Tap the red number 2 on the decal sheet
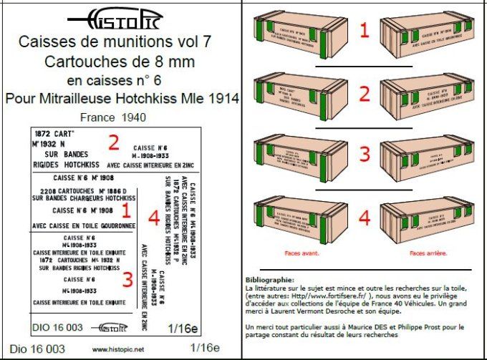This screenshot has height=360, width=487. point(113,142)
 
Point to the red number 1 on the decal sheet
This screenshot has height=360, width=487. point(125,211)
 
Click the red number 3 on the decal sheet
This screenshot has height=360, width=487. point(127,279)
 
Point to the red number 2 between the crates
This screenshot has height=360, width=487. point(364,94)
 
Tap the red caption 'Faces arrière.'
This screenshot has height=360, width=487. point(429,253)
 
